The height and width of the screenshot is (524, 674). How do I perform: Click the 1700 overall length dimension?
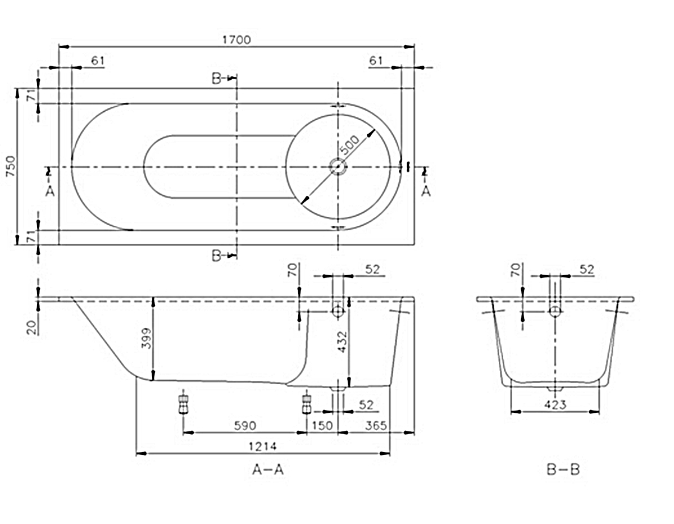tap(236, 40)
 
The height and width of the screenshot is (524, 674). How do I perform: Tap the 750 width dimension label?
tap(11, 166)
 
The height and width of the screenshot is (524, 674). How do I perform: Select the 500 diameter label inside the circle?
tap(349, 145)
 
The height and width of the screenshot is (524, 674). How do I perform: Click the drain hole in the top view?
tap(338, 167)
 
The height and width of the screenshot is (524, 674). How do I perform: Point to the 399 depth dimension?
tap(147, 338)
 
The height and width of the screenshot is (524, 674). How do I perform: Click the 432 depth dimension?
tap(342, 342)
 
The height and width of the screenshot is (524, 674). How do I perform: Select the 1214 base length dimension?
tap(262, 447)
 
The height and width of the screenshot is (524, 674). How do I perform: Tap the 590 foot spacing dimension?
tap(245, 426)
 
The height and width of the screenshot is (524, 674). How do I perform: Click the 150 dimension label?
tap(322, 426)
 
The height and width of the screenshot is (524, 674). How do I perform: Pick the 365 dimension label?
tap(376, 426)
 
